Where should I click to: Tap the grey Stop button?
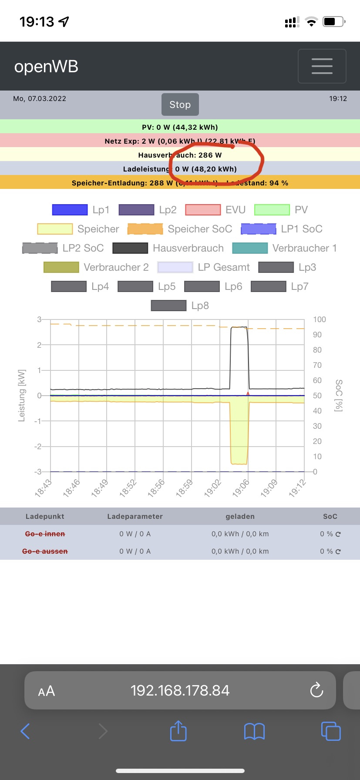(x=180, y=104)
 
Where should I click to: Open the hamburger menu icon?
(x=322, y=66)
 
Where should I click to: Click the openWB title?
(x=46, y=67)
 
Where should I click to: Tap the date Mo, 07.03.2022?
(x=40, y=98)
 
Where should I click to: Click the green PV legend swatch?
(x=272, y=210)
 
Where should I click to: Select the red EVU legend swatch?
(x=203, y=210)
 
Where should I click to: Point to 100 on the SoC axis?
(x=320, y=319)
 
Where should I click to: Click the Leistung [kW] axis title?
(x=21, y=396)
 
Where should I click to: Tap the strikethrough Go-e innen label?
(x=45, y=534)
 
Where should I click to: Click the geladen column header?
(x=240, y=516)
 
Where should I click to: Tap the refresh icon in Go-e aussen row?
(x=338, y=551)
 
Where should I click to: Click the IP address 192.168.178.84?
(x=180, y=690)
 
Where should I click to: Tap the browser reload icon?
(x=316, y=690)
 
